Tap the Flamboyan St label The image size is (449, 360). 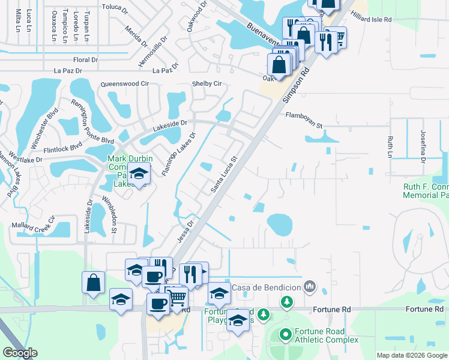pyautogui.click(x=304, y=115)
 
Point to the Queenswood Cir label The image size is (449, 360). pyautogui.click(x=125, y=84)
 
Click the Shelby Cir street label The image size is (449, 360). pyautogui.click(x=206, y=83)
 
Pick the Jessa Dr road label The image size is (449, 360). pyautogui.click(x=184, y=230)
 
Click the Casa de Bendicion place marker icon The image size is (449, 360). pyautogui.click(x=310, y=286)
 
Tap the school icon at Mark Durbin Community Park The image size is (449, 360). pyautogui.click(x=139, y=175)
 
